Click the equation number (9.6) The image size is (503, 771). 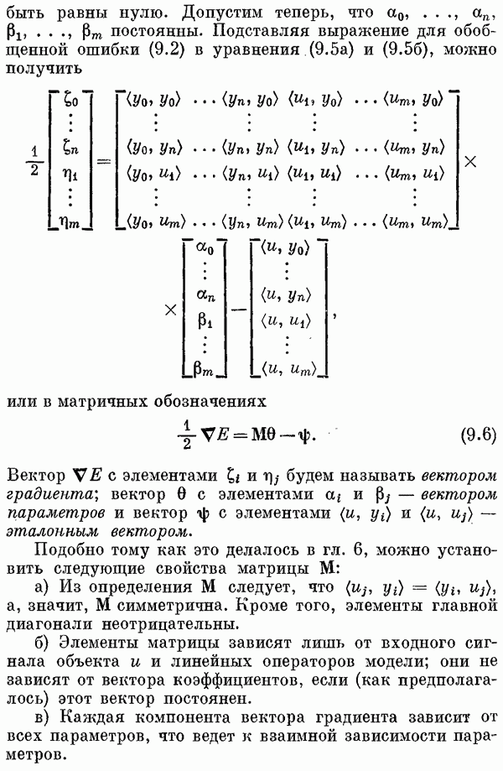[x=478, y=435]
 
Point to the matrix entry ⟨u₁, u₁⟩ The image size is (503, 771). [x=314, y=173]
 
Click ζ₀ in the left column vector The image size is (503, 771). [x=71, y=101]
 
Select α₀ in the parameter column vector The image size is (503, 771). [x=205, y=249]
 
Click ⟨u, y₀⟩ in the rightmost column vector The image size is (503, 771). [x=285, y=249]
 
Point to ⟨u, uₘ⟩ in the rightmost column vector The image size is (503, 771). [x=288, y=369]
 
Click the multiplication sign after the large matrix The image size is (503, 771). [x=470, y=161]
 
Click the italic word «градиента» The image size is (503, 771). [x=49, y=495]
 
